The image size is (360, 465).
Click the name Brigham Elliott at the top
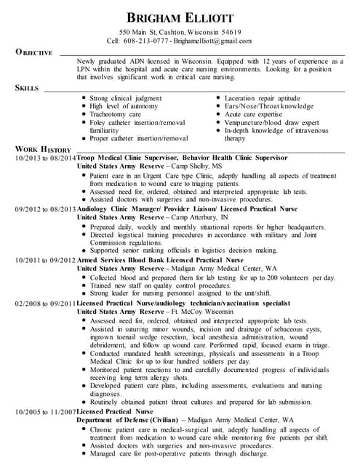[x=180, y=17]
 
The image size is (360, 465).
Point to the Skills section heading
[x=27, y=88]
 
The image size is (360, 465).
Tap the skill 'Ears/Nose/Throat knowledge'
[x=270, y=106]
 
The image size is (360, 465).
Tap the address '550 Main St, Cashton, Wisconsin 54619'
[x=180, y=33]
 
